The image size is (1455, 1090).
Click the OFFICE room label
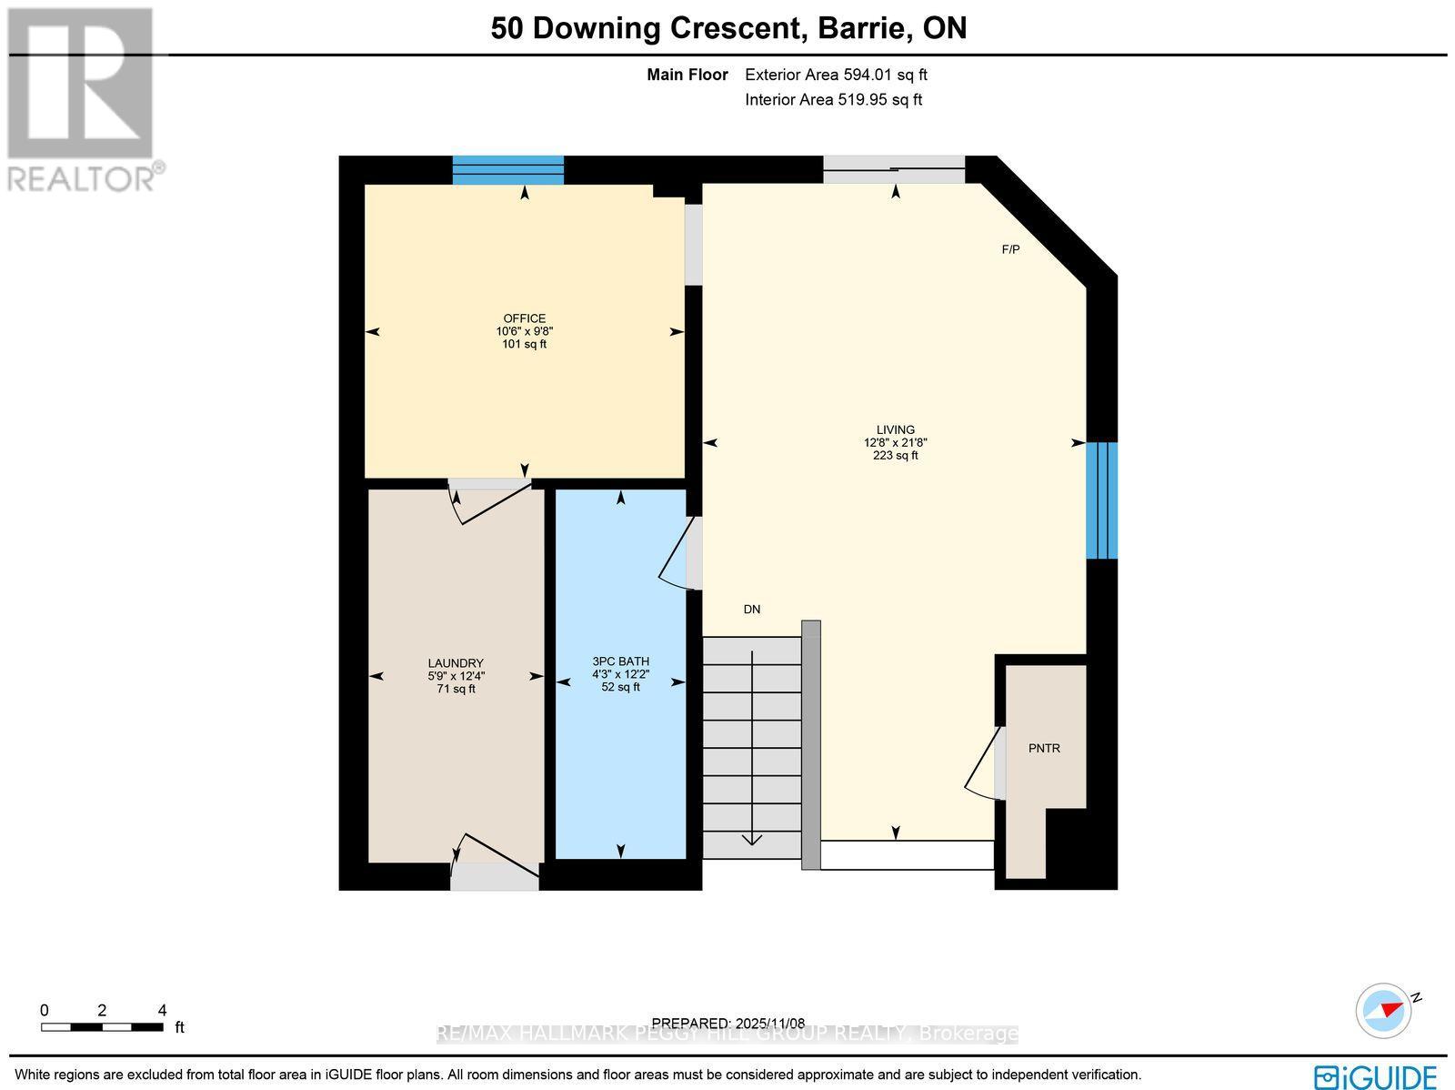pos(525,318)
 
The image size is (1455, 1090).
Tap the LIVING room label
pos(895,429)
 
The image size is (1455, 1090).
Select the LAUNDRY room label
pos(456,663)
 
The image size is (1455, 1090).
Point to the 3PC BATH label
pos(620,661)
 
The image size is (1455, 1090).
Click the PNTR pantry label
pos(1044,748)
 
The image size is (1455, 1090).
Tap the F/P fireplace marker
pos(1010,249)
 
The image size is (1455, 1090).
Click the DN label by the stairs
pos(751,610)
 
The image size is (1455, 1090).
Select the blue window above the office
pos(508,169)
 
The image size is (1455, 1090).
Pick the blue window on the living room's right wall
pos(1101,500)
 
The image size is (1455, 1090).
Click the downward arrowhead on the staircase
pos(752,838)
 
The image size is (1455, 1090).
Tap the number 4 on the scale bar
pos(162,1010)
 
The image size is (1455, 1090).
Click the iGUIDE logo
pos(1375,1077)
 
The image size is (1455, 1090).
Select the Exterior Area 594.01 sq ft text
pos(836,76)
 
